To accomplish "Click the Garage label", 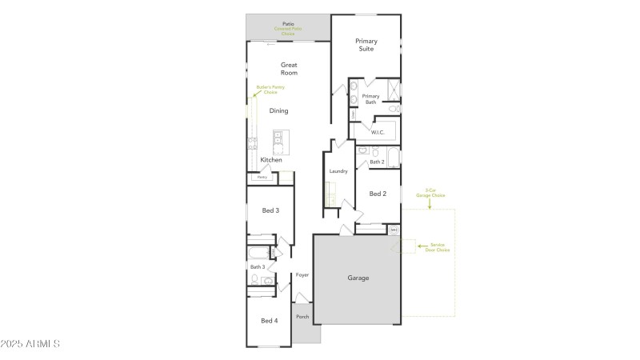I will click(358, 278).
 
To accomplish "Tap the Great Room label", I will click(289, 68).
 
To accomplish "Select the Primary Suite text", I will click(366, 45).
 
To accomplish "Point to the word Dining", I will click(278, 111).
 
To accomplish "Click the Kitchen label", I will click(271, 160).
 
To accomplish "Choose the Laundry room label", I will click(338, 171).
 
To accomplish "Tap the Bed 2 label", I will click(378, 194).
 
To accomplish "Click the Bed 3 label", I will click(270, 210).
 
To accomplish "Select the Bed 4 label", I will click(270, 321).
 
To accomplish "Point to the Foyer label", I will click(302, 275).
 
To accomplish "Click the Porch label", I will click(302, 317).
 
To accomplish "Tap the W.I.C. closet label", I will click(378, 133).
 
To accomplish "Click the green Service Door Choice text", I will click(438, 247).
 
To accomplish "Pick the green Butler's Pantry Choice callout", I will click(270, 90).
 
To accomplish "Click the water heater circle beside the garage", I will click(394, 230).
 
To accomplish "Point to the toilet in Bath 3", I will click(254, 280).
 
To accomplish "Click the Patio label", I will click(288, 25).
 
